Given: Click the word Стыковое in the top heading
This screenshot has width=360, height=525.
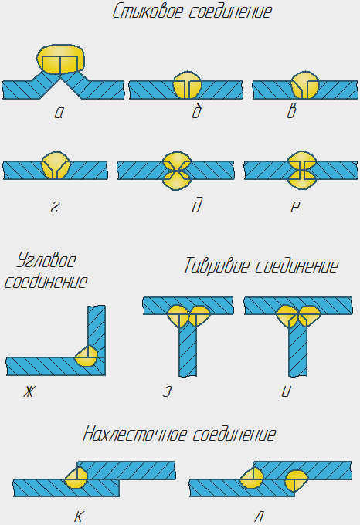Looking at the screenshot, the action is pos(148,12).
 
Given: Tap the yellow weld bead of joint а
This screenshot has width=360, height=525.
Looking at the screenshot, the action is pos(60,59).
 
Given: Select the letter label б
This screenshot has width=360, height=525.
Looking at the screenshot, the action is pos(197,110).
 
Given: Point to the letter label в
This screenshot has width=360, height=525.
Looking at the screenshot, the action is pos(292,110).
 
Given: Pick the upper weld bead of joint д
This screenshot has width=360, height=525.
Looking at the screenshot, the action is pos(176,161).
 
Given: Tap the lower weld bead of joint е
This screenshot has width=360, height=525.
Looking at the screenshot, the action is pos(302,180).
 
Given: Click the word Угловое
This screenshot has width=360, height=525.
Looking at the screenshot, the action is pos(46,260).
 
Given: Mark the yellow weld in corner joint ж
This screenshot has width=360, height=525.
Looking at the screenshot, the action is pos(87,356).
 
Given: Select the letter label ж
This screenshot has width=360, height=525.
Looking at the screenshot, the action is pos(29,391).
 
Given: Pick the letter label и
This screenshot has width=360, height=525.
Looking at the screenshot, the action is pos(287,391).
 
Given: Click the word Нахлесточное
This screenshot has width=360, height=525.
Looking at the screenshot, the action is pos(135,434).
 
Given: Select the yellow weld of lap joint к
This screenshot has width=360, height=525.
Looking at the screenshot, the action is pos(76,478).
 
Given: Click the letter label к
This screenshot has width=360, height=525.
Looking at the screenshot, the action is pos(78,517).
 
